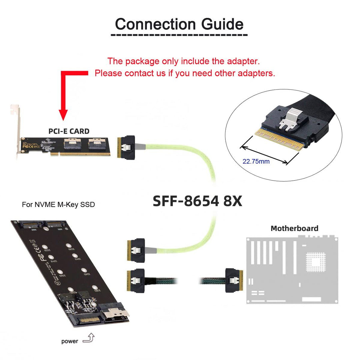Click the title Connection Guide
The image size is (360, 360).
click(x=179, y=24)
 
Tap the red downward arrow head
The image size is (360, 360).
click(x=63, y=115)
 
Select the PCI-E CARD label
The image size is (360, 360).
click(x=69, y=131)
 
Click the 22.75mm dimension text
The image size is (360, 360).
click(x=256, y=162)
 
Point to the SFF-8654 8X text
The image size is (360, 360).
click(x=197, y=201)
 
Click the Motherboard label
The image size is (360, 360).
click(x=294, y=228)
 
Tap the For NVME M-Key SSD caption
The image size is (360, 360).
click(x=58, y=205)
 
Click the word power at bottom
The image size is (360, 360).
click(x=70, y=341)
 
